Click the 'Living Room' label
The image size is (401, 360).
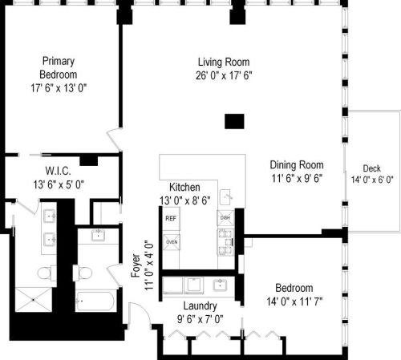[x=224, y=62]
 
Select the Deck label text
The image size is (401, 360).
[x=371, y=168]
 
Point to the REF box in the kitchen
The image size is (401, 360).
[x=171, y=218]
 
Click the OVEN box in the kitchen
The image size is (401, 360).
[x=171, y=241]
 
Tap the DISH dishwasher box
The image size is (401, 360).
[x=225, y=218]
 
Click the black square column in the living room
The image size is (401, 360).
[x=233, y=121]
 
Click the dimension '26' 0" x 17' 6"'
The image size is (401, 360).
[x=224, y=75]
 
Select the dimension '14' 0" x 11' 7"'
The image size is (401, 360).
[x=294, y=301]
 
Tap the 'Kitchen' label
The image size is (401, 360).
[x=184, y=187]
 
